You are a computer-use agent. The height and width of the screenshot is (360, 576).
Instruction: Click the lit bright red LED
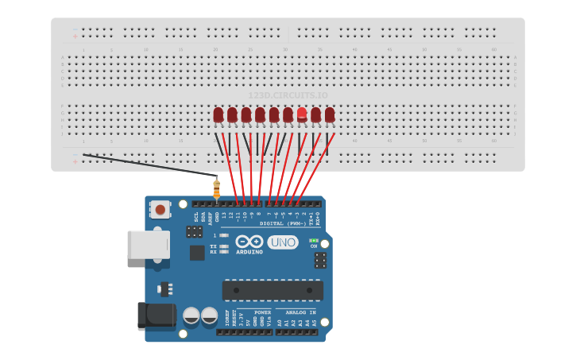coord(302,114)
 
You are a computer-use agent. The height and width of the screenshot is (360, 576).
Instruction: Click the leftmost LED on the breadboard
coord(218,115)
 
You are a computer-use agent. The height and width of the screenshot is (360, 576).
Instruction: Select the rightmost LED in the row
coord(330,115)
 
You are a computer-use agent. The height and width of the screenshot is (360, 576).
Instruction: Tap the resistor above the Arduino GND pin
coord(216,189)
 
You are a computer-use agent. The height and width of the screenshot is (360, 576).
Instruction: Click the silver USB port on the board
coord(149,244)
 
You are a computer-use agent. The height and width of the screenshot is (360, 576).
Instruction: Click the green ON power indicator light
coord(313,240)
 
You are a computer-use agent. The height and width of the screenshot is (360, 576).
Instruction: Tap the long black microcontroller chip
coord(273,290)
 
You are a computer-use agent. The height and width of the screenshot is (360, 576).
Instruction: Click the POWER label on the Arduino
coord(262,313)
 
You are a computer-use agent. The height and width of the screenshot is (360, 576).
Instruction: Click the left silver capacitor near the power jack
coord(191,315)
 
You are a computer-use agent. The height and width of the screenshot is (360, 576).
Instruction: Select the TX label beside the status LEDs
coord(213,246)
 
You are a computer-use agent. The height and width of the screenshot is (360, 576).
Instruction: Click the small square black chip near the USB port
coord(197,253)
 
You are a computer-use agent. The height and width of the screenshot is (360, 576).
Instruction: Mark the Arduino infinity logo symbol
coord(249,242)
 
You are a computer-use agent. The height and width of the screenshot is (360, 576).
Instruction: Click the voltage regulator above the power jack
coord(165,288)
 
